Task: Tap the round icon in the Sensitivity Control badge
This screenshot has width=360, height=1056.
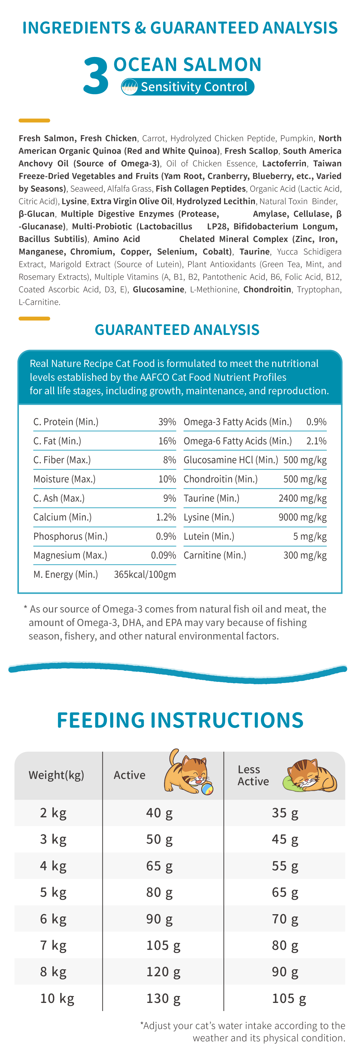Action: click(130, 87)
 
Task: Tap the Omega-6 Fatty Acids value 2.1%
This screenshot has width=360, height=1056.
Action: click(316, 441)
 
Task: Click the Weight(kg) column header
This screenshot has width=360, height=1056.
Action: click(56, 775)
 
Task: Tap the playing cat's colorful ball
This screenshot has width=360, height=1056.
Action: click(207, 788)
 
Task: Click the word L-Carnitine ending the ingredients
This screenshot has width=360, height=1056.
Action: click(39, 302)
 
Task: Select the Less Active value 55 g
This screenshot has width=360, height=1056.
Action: click(285, 866)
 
